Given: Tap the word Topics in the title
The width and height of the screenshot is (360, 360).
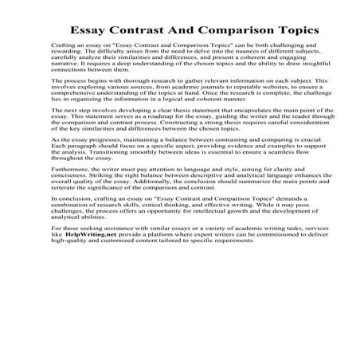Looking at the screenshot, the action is click(283, 30).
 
